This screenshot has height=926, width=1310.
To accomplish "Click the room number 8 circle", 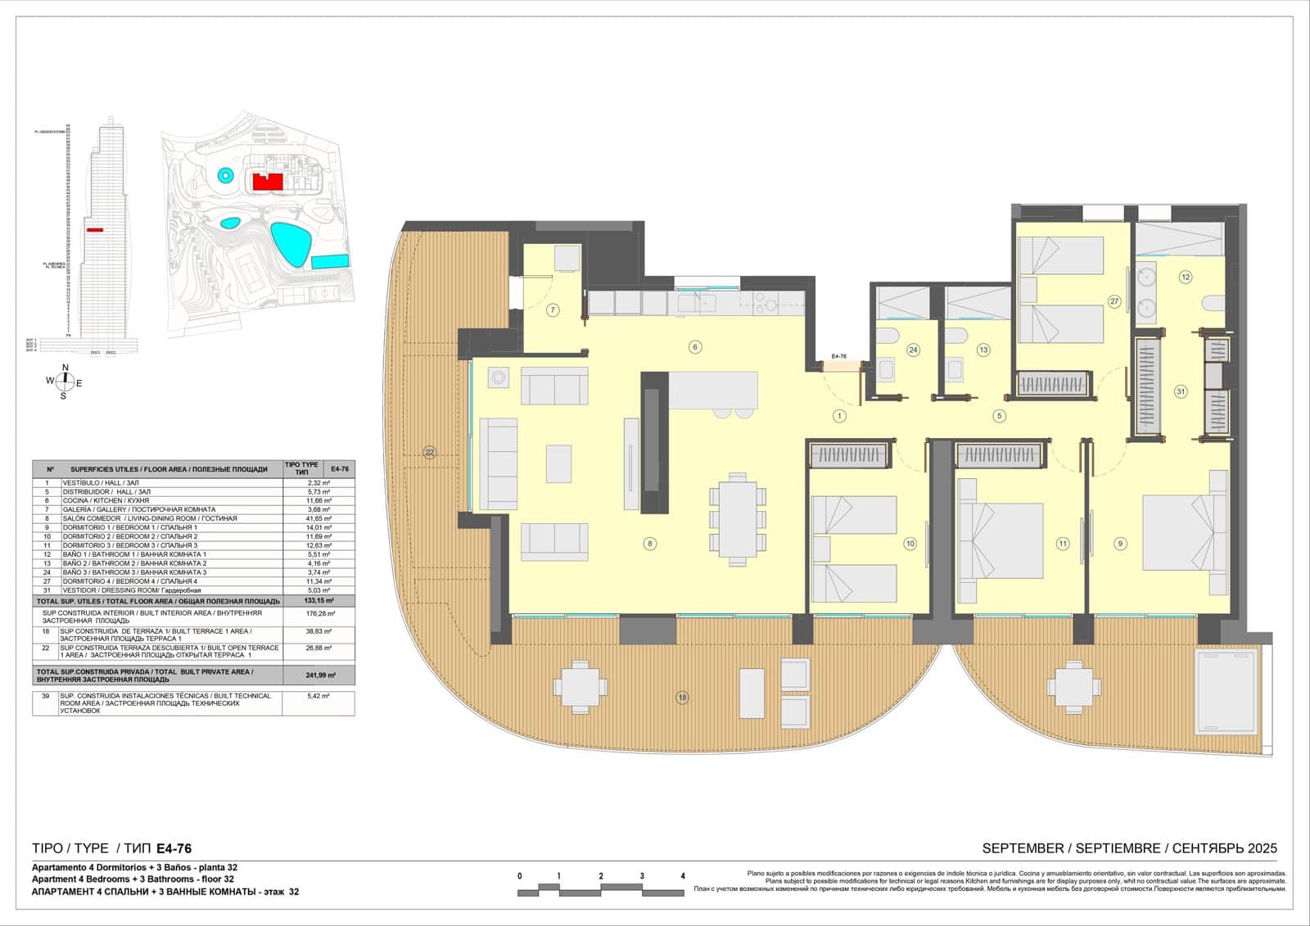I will coord(649,543).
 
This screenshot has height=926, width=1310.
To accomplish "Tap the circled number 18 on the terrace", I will coord(682,698).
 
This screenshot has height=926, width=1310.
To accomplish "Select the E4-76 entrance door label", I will coord(838,357).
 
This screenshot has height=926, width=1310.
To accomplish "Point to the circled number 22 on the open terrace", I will coord(429,452).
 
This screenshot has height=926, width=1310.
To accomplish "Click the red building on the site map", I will coord(267,181).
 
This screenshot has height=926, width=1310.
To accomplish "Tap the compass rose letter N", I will coord(65,368).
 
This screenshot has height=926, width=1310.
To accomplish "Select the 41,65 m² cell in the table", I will coord(318,518).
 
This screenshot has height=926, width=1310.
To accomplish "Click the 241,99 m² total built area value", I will coord(318,675).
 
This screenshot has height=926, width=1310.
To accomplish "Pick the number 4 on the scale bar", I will coord(683,876).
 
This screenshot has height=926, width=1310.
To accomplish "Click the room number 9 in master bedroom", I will coord(1120,543).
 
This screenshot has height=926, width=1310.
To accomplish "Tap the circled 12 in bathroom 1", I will coord(1185,277).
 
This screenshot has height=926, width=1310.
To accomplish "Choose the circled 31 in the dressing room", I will coord(1181,391).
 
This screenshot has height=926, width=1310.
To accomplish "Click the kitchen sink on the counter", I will coord(702,304).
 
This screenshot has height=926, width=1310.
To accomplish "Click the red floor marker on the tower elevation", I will coord(95,231).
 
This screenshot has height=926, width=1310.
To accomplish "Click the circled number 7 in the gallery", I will coord(553,310).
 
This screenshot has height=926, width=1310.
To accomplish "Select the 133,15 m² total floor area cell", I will coord(318,600).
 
